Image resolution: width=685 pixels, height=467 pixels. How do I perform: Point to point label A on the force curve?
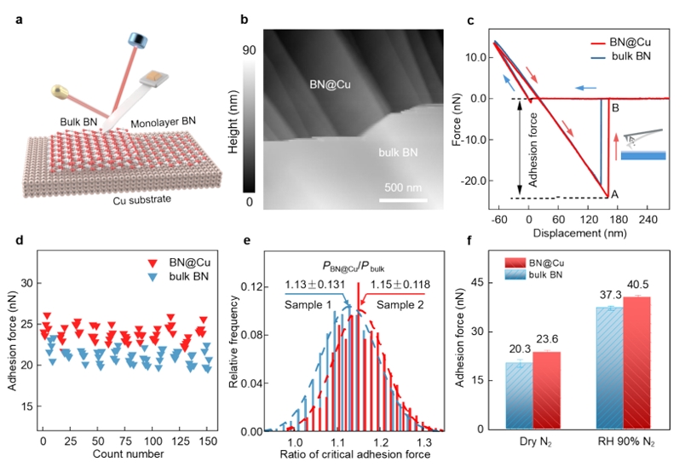click(613, 194)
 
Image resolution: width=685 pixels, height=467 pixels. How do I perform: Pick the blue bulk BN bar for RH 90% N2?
click(609, 368)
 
